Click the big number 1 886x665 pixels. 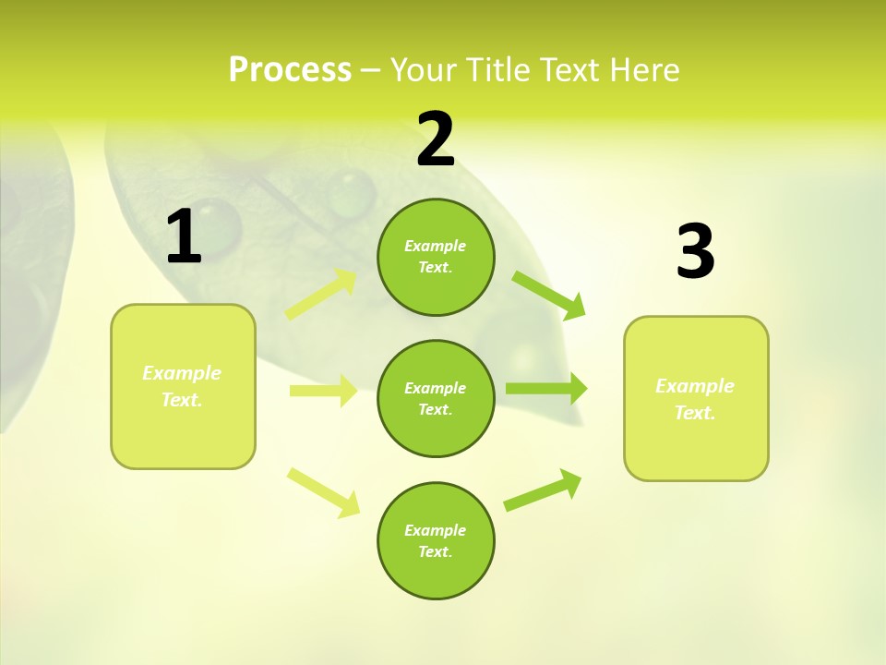(184, 237)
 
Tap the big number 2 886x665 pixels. (436, 139)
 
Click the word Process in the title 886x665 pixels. (290, 69)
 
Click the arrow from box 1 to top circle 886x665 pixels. (321, 295)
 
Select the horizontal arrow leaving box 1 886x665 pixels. (322, 391)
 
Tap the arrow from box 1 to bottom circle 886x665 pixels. (322, 492)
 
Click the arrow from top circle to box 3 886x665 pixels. (548, 295)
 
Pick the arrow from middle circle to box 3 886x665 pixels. (545, 389)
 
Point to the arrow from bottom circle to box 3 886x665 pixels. (543, 490)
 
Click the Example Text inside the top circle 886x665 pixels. (436, 257)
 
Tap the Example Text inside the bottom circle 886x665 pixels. (436, 541)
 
